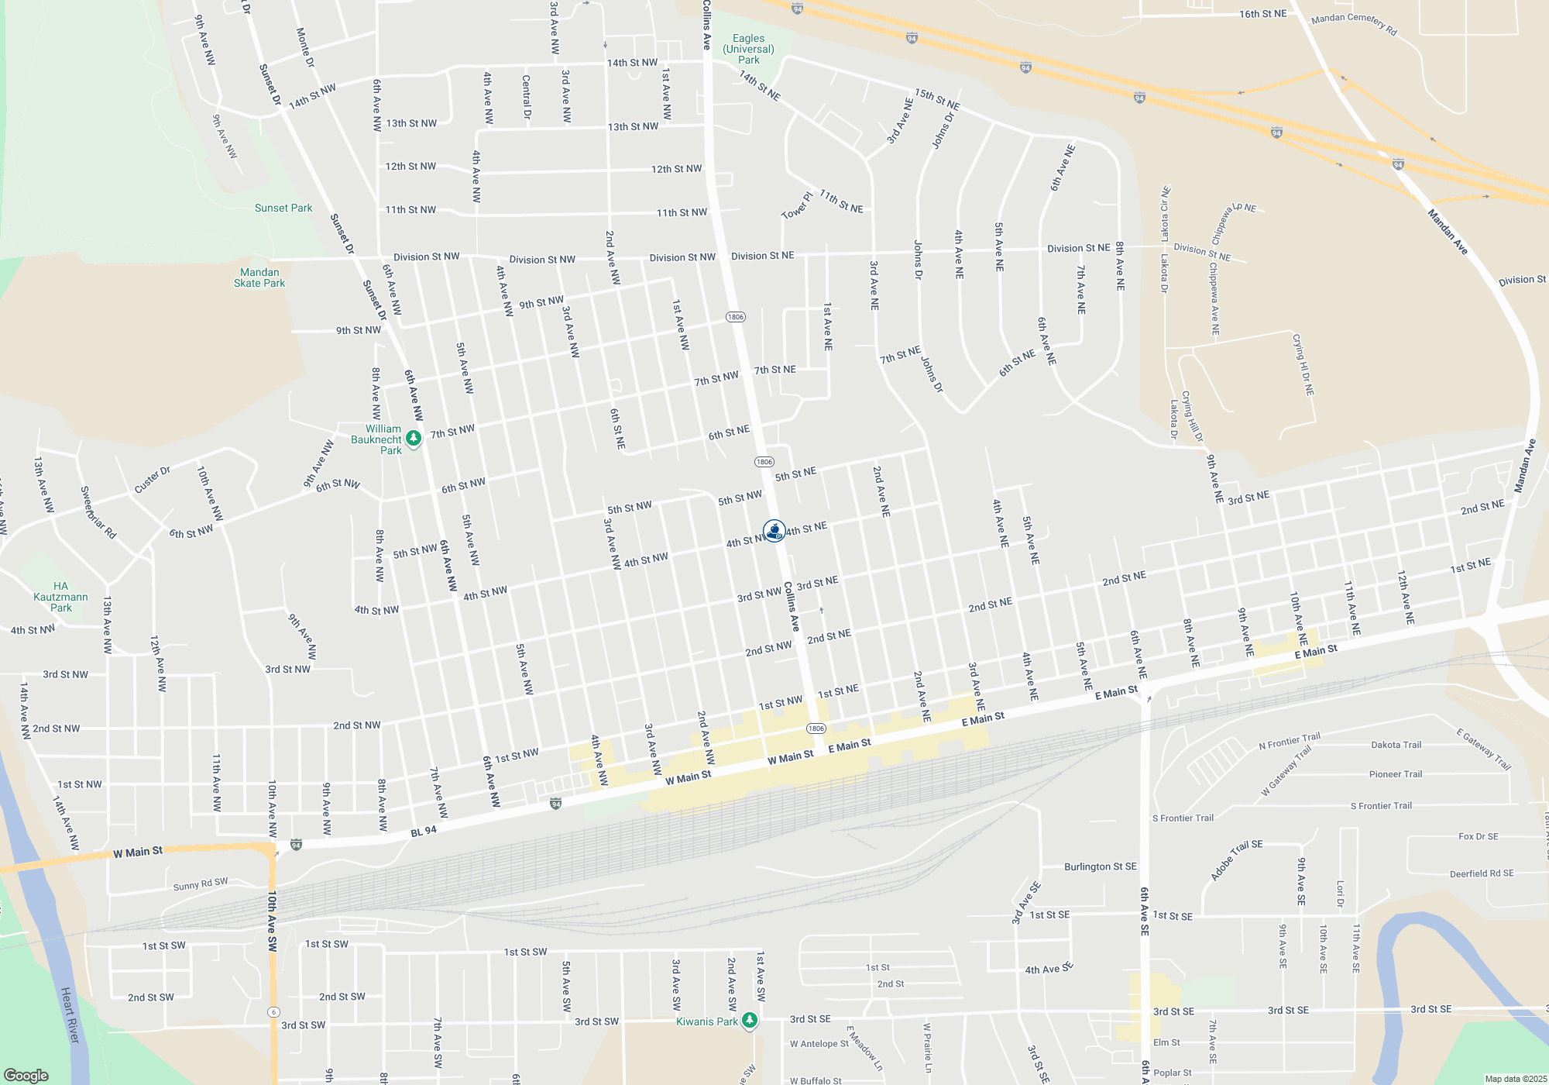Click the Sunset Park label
(x=283, y=208)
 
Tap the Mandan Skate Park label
(x=259, y=277)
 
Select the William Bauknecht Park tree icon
(x=414, y=439)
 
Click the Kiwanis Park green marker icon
(x=749, y=1021)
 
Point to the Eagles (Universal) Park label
(x=748, y=49)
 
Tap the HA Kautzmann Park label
(x=60, y=597)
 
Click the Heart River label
(x=70, y=1014)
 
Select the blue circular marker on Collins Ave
(x=774, y=531)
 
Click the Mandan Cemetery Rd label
(x=1354, y=24)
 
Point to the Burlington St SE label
(x=1100, y=866)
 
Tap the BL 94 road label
(x=424, y=831)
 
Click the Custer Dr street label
(x=152, y=480)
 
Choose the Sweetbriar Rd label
(x=98, y=512)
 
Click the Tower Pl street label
(x=797, y=205)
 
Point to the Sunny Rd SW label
(x=201, y=884)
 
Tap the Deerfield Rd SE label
(x=1481, y=873)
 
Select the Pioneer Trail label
(x=1396, y=774)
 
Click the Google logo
(x=26, y=1076)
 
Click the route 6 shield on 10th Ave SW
(x=273, y=1012)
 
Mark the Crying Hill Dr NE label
(x=1303, y=364)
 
